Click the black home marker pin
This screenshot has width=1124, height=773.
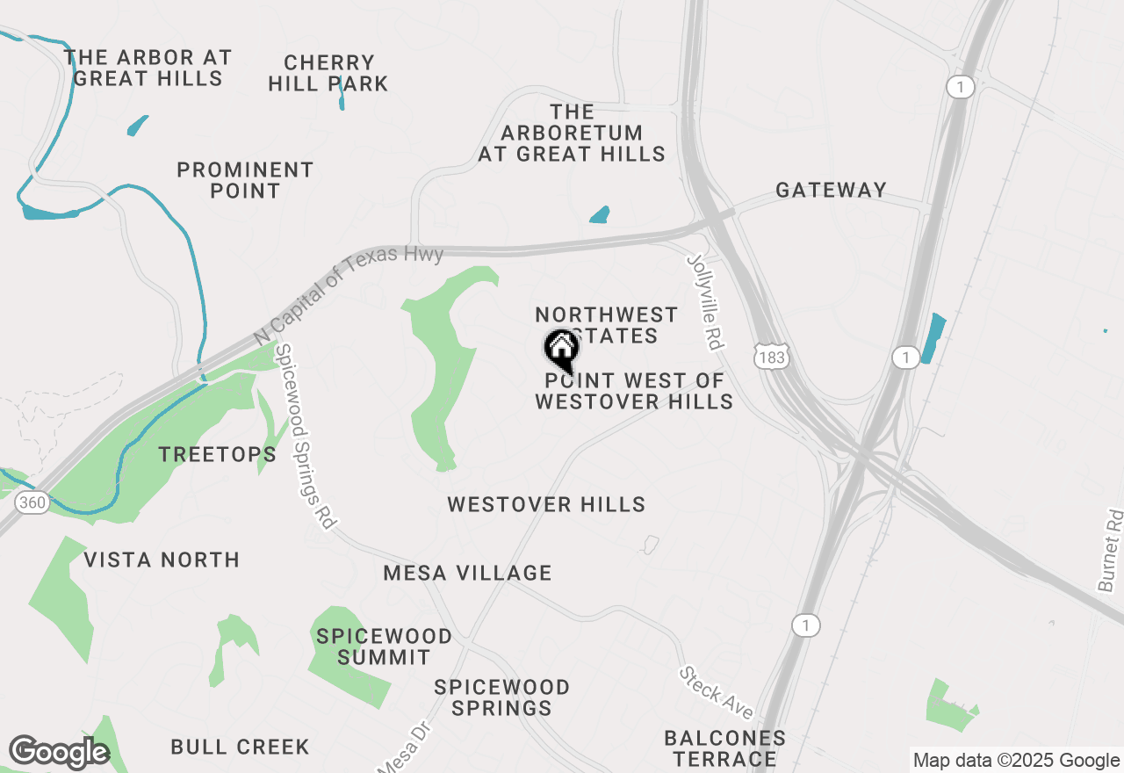(561, 350)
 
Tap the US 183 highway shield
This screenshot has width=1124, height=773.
(771, 356)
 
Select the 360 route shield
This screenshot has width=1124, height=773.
(32, 503)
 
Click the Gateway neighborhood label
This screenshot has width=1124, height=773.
(831, 191)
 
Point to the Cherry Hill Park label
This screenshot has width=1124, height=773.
(328, 74)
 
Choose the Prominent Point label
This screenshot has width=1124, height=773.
(245, 180)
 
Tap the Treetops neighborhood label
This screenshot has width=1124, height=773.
(217, 454)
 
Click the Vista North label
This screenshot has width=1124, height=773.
(162, 560)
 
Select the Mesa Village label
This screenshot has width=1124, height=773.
(467, 574)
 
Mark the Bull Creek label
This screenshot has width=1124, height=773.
(240, 748)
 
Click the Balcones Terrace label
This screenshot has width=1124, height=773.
(724, 748)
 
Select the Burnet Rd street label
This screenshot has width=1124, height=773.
(1110, 550)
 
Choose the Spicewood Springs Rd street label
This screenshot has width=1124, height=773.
(305, 437)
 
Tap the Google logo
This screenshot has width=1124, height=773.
(58, 752)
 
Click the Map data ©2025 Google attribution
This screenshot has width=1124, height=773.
(1016, 761)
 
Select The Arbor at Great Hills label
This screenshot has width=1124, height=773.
(148, 68)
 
